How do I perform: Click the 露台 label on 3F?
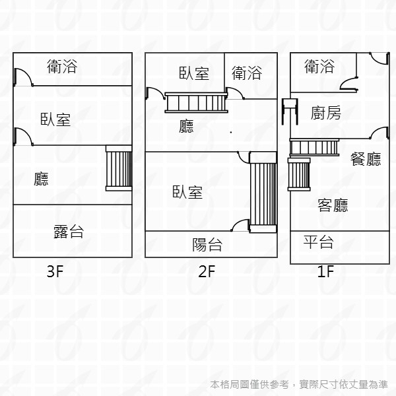click(x=69, y=231)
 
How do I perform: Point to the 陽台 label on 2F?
click(x=207, y=245)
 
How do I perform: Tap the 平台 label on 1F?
click(x=318, y=242)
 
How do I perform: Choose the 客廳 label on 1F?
click(x=333, y=205)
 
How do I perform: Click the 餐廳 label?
click(x=366, y=158)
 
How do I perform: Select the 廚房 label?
click(x=326, y=113)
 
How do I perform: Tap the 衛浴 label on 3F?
click(x=62, y=67)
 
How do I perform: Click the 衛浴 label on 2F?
click(x=247, y=73)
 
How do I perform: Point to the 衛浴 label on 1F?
click(x=319, y=66)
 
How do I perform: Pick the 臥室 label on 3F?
click(x=55, y=119)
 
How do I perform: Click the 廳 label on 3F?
click(x=42, y=178)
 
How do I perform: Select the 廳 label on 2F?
click(x=187, y=126)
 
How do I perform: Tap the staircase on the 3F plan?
click(x=119, y=170)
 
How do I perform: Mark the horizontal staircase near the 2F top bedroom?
click(x=196, y=104)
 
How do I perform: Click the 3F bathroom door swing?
click(x=23, y=76)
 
